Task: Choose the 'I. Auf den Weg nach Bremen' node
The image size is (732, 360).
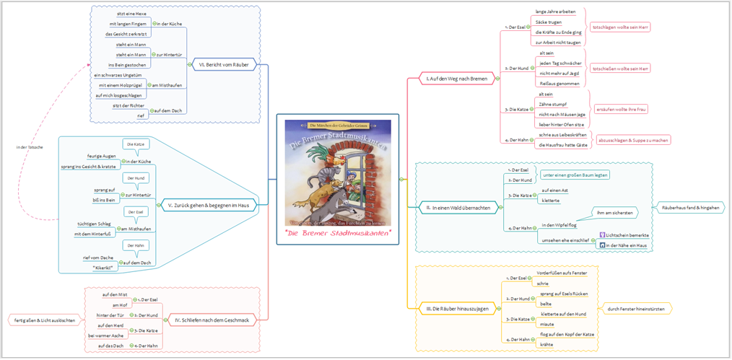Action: point(456,78)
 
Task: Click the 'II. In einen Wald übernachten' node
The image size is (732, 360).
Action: point(457,208)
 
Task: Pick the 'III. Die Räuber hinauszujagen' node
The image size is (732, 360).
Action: point(457,309)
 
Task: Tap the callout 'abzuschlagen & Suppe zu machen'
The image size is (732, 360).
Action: point(633,140)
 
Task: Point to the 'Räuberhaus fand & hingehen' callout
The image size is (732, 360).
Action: point(690,208)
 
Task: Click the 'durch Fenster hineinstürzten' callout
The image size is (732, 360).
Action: point(636,309)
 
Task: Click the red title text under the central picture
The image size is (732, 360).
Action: point(337,233)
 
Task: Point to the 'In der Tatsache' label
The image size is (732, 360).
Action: point(30,147)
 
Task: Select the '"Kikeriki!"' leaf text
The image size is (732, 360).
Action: point(105,267)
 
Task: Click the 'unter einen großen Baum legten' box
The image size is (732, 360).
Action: point(575,175)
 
